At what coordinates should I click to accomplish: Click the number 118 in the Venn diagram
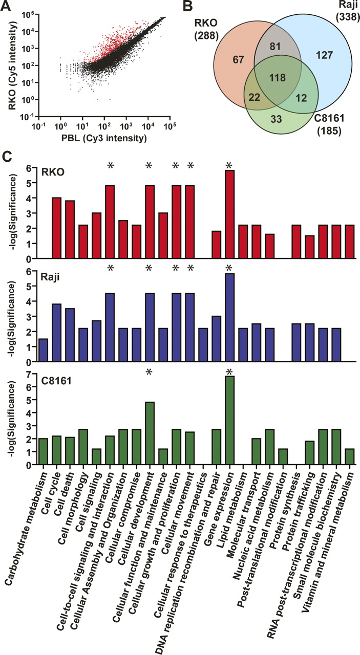pos(278,78)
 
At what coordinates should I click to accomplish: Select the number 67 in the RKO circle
pos(238,60)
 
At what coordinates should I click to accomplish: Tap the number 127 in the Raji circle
pos(325,55)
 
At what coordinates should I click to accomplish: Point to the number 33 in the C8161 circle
pos(276,119)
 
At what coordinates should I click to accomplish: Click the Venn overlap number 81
pos(275,47)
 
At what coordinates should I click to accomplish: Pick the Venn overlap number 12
pos(301,98)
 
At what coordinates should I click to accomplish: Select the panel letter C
pos(7,158)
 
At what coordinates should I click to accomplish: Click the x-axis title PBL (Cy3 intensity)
pos(104,138)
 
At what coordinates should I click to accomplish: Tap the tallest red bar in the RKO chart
pos(230,214)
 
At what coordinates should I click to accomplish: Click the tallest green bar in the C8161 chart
pos(230,420)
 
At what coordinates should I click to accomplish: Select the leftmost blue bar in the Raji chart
pos(44,351)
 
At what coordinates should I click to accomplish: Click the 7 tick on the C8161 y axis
pos(32,374)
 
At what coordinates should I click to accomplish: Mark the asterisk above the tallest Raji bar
pos(229,268)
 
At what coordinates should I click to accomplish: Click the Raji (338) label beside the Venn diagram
pos(349,11)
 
